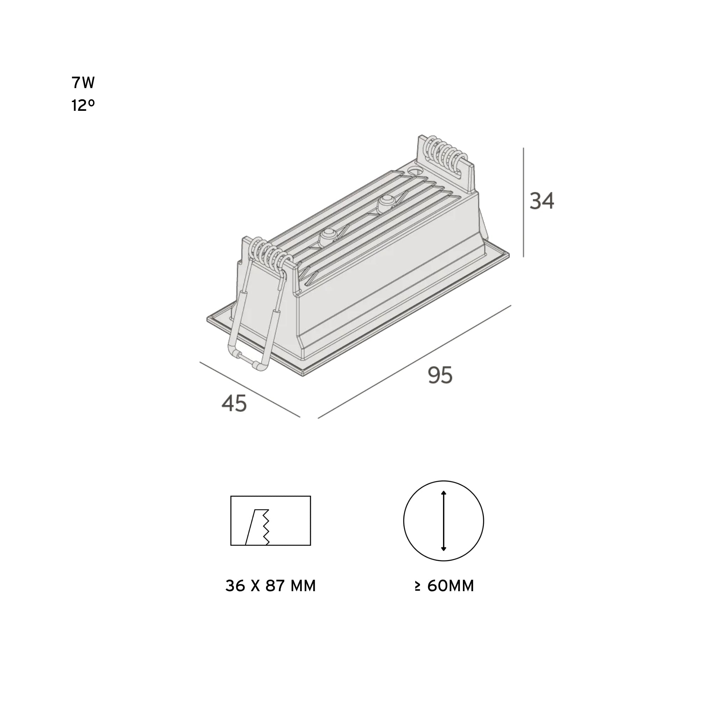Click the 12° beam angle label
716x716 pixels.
click(x=83, y=106)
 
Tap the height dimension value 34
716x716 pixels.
click(x=542, y=201)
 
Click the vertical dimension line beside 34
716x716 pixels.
click(x=523, y=202)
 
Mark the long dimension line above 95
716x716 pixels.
click(x=414, y=362)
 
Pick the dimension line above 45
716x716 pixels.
click(x=250, y=389)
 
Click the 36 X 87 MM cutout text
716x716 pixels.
click(x=271, y=586)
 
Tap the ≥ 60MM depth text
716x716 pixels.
click(x=444, y=586)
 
